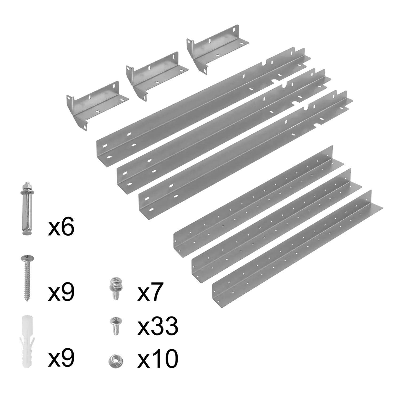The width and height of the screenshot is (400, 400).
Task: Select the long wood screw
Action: tap(27, 278)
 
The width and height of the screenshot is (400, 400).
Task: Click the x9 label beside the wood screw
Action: tap(61, 293)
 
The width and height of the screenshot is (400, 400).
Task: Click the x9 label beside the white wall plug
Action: tap(61, 359)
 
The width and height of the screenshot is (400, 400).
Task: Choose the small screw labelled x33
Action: tap(115, 326)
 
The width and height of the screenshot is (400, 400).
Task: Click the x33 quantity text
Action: tap(158, 326)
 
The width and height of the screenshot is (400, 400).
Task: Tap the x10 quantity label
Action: tap(158, 359)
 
